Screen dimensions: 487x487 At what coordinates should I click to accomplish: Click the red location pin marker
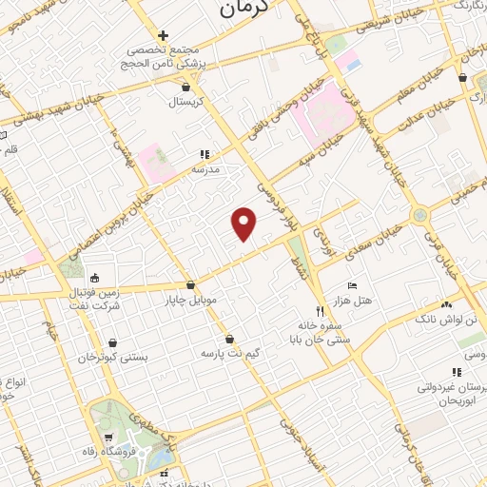click(244, 223)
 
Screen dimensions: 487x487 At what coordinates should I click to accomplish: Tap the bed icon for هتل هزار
click(352, 285)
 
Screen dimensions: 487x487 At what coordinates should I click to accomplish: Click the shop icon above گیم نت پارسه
click(229, 339)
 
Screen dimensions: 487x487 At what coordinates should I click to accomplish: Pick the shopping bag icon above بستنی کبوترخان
click(114, 342)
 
